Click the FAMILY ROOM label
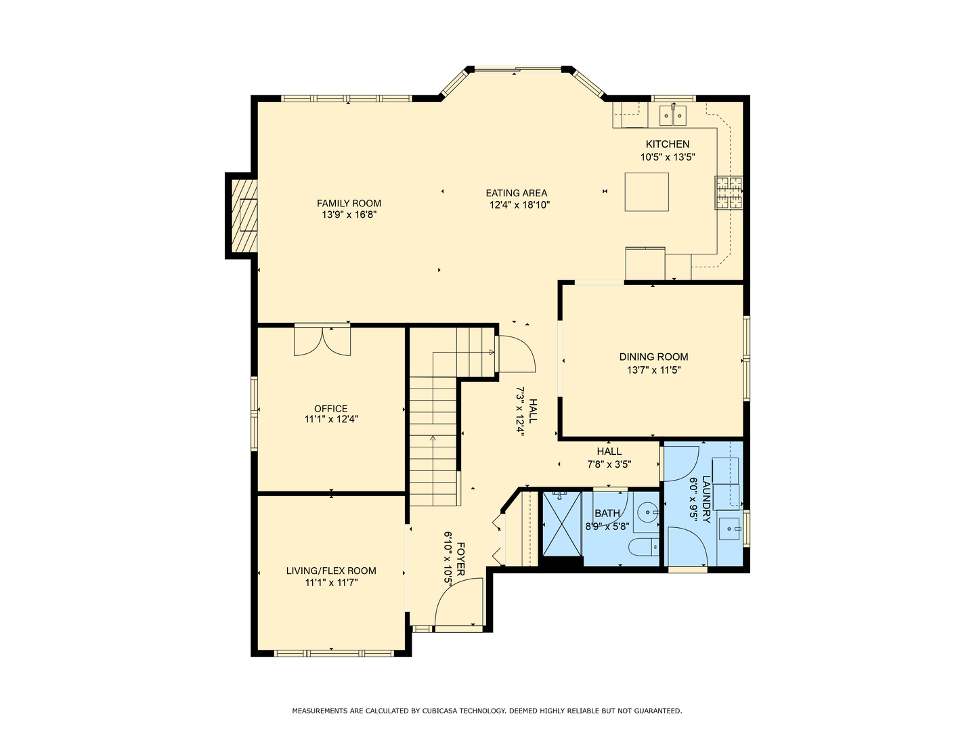pyautogui.click(x=349, y=203)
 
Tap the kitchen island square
pyautogui.click(x=647, y=192)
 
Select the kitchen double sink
pyautogui.click(x=672, y=115)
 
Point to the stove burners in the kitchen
pyautogui.click(x=729, y=193)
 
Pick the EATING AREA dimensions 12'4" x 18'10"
pyautogui.click(x=519, y=205)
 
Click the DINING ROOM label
pyautogui.click(x=653, y=357)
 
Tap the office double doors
pyautogui.click(x=322, y=342)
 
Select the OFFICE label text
pyautogui.click(x=330, y=409)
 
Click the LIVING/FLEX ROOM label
pyautogui.click(x=331, y=571)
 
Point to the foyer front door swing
pyautogui.click(x=458, y=604)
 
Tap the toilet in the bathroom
pyautogui.click(x=644, y=546)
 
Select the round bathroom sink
pyautogui.click(x=647, y=512)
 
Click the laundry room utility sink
pyautogui.click(x=729, y=529)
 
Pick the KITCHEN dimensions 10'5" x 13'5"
pyautogui.click(x=667, y=156)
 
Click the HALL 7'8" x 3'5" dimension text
pyautogui.click(x=609, y=464)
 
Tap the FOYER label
pyautogui.click(x=460, y=559)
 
